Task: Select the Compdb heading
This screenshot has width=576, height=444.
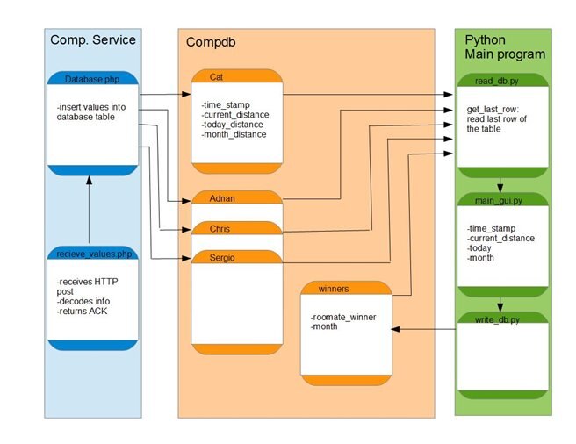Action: [210, 42]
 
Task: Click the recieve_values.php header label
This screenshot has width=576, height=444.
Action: [91, 252]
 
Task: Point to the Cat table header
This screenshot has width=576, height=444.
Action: [217, 77]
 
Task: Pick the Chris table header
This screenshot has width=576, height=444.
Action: [220, 228]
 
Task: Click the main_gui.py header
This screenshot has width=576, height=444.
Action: [500, 200]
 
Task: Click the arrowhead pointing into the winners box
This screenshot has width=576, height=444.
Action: [395, 330]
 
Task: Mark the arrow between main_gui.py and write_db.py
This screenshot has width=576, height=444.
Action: [501, 303]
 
